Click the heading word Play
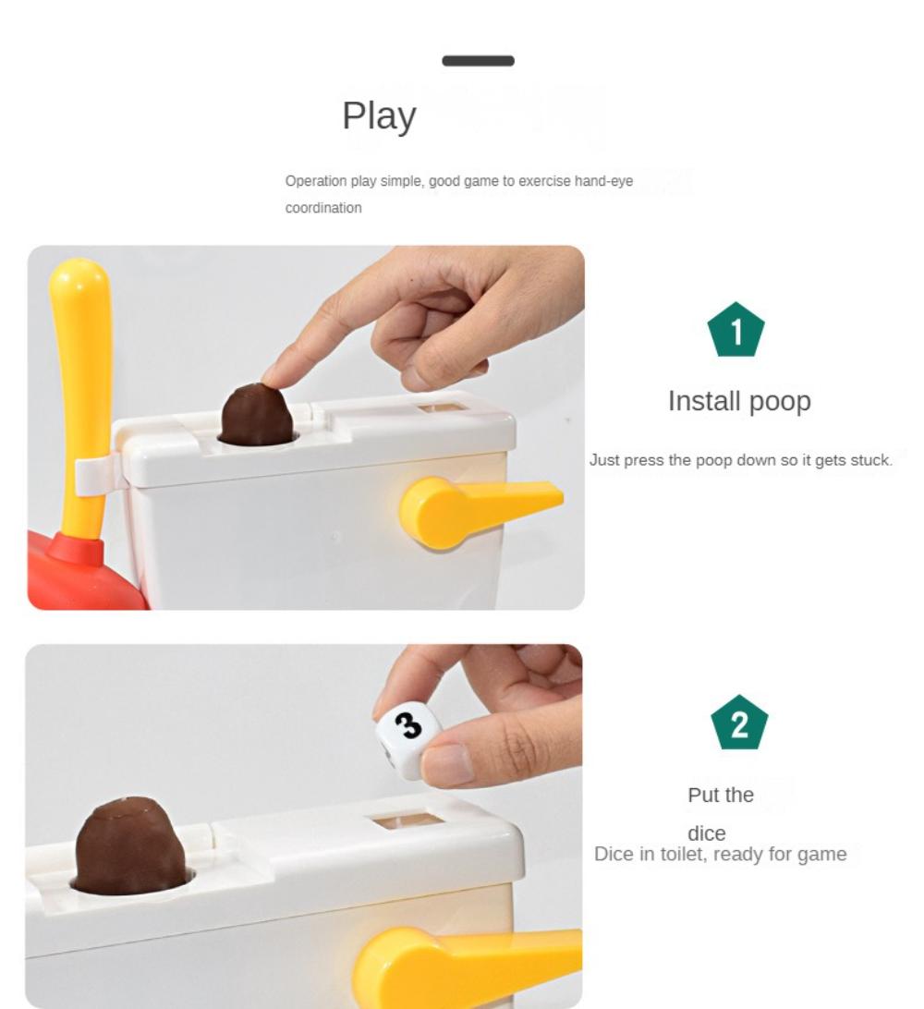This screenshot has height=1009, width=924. (x=379, y=116)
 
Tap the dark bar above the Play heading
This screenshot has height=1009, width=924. (x=478, y=61)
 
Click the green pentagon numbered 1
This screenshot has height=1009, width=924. (x=736, y=331)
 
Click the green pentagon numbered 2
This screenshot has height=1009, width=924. (x=739, y=723)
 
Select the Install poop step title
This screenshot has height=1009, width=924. (x=739, y=401)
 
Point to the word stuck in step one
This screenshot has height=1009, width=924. (x=870, y=460)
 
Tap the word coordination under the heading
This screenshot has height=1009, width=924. (x=323, y=208)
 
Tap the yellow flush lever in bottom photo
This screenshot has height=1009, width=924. (x=462, y=966)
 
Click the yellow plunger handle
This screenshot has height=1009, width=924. (x=81, y=388)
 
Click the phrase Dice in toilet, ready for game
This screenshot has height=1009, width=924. (x=720, y=854)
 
